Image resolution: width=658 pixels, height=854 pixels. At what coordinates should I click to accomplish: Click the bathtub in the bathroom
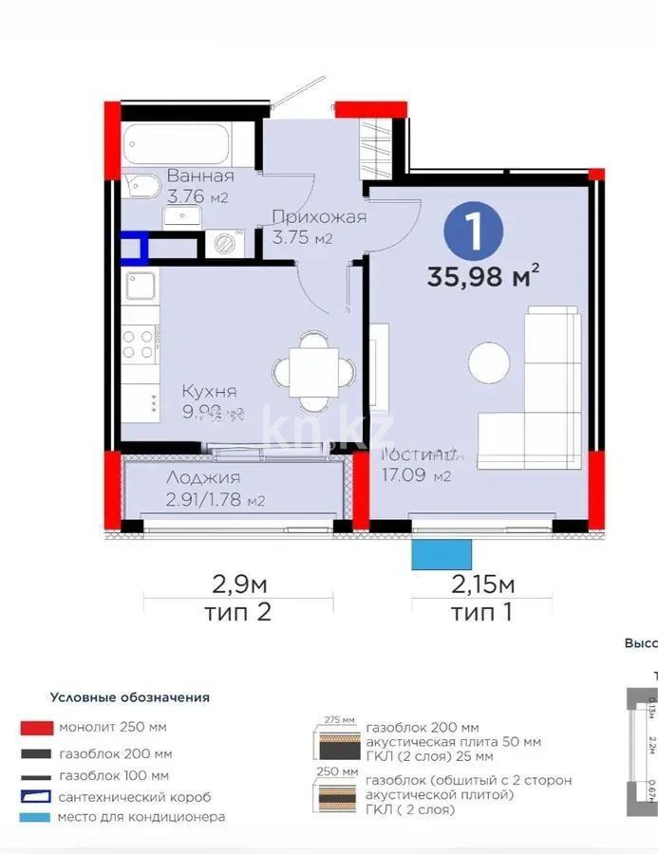[187, 146]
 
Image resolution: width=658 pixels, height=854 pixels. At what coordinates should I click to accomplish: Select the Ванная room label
[200, 176]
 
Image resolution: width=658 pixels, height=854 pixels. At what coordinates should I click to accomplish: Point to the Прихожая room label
[318, 217]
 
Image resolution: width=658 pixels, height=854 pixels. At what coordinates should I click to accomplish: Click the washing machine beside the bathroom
[225, 245]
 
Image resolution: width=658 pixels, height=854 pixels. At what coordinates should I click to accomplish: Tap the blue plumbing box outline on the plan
[134, 248]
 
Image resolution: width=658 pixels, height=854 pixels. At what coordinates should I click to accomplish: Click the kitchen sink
[141, 286]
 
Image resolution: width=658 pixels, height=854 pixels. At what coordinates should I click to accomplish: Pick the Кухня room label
[210, 391]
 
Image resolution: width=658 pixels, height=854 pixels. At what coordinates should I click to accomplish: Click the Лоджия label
[202, 478]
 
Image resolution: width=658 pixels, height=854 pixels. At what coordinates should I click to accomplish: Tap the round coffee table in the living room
[490, 361]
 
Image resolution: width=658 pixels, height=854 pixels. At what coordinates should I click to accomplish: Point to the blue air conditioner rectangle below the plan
[442, 554]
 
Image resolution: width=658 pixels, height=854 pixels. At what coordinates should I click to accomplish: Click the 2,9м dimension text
[237, 582]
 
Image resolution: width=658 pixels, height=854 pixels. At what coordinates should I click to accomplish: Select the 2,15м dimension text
[481, 582]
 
